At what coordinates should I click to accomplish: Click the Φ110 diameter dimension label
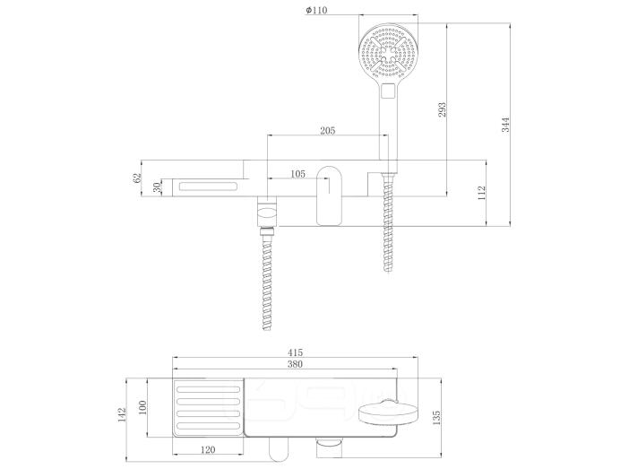click(316, 10)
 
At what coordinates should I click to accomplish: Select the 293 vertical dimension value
click(442, 109)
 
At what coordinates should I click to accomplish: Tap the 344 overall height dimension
click(505, 125)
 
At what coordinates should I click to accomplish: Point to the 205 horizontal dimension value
click(327, 131)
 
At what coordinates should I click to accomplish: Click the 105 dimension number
click(297, 173)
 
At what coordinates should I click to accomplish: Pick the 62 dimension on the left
click(137, 178)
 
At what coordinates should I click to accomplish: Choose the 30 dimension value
click(158, 187)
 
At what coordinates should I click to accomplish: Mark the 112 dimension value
click(482, 193)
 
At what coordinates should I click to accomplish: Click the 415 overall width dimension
click(295, 352)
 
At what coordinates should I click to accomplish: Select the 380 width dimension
click(295, 364)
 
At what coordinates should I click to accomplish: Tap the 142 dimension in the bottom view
click(122, 414)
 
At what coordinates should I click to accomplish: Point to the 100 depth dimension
click(142, 407)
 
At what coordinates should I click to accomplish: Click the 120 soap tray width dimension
click(207, 450)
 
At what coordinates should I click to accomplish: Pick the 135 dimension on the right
click(436, 418)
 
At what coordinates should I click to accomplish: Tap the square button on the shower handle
click(388, 91)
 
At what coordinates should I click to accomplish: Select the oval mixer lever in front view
click(330, 195)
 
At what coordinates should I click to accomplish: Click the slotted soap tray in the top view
click(208, 408)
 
